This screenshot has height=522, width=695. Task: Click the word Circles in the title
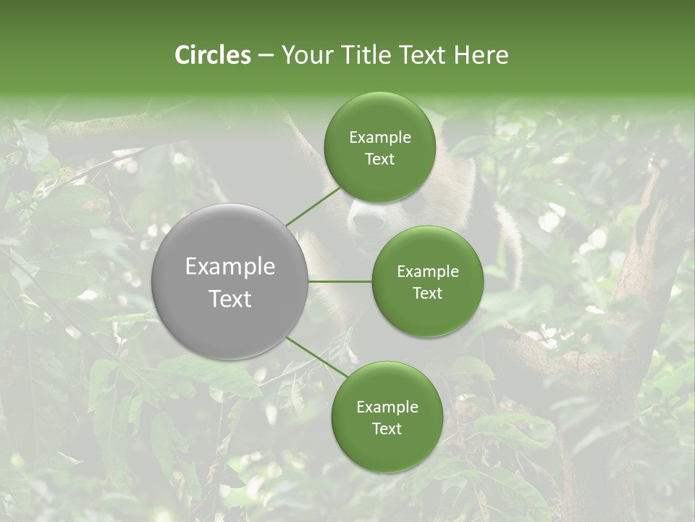pyautogui.click(x=213, y=55)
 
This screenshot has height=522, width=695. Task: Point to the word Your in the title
pyautogui.click(x=307, y=55)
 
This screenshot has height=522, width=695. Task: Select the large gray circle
pyautogui.click(x=230, y=217)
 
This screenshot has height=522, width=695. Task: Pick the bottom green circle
pyautogui.click(x=387, y=449)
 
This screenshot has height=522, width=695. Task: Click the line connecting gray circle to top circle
pyautogui.click(x=313, y=206)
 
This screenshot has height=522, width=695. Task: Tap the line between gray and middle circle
pyautogui.click(x=340, y=281)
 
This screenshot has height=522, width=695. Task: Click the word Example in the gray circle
pyautogui.click(x=230, y=267)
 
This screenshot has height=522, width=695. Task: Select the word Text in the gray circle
pyautogui.click(x=230, y=299)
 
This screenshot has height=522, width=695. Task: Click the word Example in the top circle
pyautogui.click(x=380, y=138)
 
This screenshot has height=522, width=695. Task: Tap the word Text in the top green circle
pyautogui.click(x=379, y=159)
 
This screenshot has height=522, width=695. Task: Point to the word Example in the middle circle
pyautogui.click(x=428, y=272)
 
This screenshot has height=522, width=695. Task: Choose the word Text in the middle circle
pyautogui.click(x=428, y=294)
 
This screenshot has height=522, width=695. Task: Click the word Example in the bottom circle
pyautogui.click(x=387, y=407)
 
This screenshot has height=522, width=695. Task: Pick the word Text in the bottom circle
pyautogui.click(x=387, y=429)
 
